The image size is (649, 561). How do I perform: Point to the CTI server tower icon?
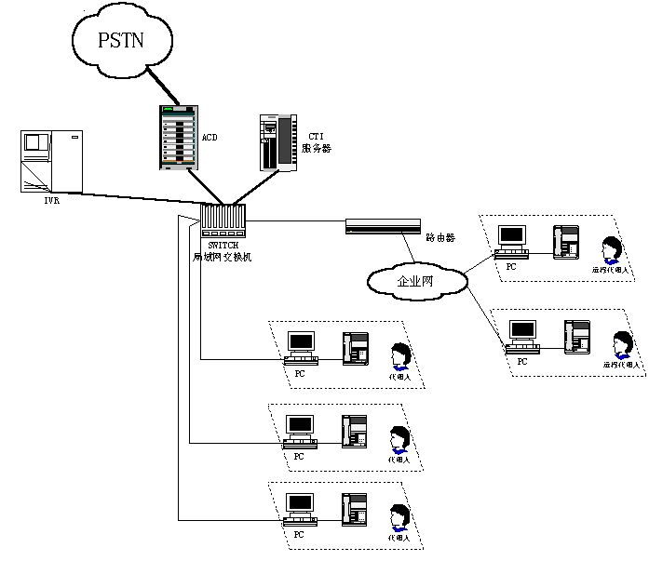coord(276,141)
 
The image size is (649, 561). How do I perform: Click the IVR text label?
coord(52,198)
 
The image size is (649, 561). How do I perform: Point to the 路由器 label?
coord(439,238)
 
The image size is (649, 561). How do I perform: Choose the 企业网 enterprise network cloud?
coord(415,279)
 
